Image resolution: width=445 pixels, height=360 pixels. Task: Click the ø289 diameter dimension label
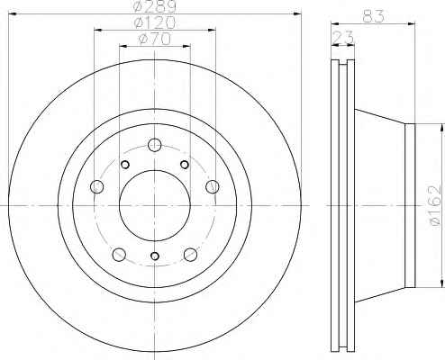(154, 6)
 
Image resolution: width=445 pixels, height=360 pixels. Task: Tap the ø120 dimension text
(154, 22)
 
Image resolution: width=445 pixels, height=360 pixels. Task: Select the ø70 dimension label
(154, 39)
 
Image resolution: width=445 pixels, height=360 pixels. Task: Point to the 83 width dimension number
(373, 16)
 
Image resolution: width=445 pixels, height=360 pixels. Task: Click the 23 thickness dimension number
(343, 38)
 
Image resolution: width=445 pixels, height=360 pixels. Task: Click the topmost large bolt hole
(155, 145)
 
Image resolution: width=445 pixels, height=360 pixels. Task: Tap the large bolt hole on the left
(97, 186)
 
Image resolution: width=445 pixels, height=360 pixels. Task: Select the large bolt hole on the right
(213, 186)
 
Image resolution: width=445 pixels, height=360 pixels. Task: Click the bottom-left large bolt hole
(119, 255)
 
